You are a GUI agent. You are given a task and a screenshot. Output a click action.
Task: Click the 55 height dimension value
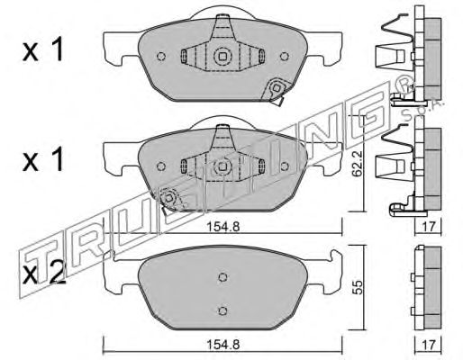tap(358, 287)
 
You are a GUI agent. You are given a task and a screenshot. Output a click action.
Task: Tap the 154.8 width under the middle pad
tap(222, 227)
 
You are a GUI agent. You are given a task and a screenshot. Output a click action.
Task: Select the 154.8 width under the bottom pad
tap(222, 345)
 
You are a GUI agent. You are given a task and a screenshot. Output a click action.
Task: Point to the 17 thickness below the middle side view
tap(428, 227)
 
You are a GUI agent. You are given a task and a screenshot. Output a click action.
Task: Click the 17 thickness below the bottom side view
tap(428, 345)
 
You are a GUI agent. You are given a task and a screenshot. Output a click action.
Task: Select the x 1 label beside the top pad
tap(43, 50)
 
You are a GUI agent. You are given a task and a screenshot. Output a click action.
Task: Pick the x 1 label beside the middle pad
tap(43, 160)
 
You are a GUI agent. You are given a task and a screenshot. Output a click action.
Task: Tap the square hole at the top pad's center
tap(222, 56)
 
